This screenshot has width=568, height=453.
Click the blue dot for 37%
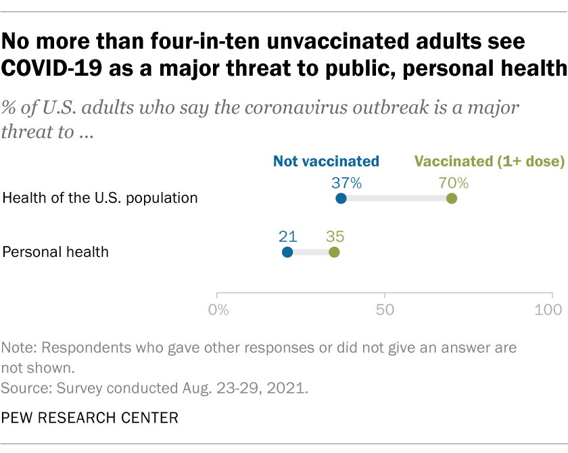click(341, 198)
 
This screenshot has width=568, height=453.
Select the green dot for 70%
click(452, 198)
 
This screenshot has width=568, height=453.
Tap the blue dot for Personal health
click(287, 252)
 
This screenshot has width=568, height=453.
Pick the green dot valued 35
click(334, 252)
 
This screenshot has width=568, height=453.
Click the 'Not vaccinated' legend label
click(326, 162)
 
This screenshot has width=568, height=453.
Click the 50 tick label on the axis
click(385, 310)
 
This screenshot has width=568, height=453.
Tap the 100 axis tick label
click(551, 310)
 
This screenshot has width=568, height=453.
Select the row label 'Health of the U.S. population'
click(100, 198)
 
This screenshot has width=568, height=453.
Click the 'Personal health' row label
click(55, 252)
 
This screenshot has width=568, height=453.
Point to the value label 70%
click(453, 181)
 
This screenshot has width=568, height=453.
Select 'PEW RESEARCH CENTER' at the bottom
click(91, 418)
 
